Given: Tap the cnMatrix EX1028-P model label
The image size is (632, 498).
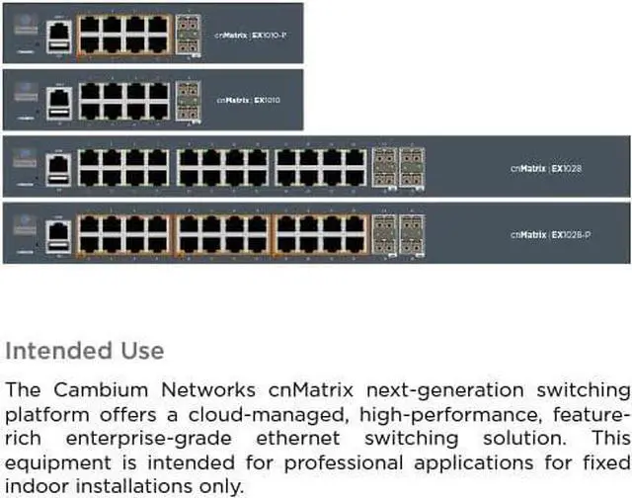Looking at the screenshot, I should click(x=549, y=234).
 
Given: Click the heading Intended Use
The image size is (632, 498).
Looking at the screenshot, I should click(x=85, y=351).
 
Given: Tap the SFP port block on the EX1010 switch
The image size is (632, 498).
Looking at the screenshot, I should click(x=187, y=99).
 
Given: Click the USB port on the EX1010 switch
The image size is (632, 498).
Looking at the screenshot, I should click(x=58, y=111).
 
